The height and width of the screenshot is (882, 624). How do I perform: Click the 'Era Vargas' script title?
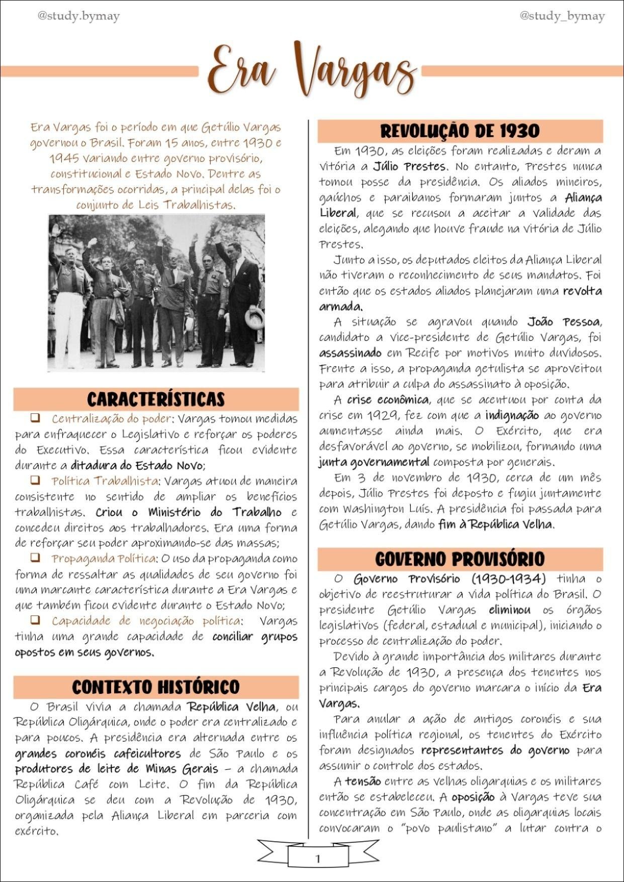pos(312,70)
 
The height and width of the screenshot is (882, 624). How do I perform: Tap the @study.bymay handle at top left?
pos(78,17)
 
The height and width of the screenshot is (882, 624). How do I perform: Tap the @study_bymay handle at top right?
pos(562,17)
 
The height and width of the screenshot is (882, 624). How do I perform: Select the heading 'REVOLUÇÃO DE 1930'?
pos(460,131)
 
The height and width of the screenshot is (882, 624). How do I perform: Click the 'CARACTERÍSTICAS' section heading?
pos(156,399)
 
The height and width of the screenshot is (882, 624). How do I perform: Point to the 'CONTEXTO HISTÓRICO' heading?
pos(156,687)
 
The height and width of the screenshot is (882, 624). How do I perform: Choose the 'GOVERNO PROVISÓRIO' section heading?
pos(460,559)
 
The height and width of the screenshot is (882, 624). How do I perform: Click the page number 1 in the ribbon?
pos(317,858)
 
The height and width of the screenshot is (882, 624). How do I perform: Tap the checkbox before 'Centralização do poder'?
pos(35,418)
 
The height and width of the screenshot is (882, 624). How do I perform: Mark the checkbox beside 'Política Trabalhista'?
pos(35,480)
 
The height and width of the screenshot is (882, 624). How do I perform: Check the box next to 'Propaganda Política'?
pos(35,558)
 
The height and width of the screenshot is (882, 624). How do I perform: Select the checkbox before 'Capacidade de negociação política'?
pos(35,620)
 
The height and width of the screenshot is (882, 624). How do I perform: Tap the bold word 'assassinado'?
pos(350,353)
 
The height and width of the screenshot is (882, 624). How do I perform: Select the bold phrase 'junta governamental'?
pos(374,462)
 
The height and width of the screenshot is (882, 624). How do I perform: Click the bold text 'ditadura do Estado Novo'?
pos(137,465)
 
